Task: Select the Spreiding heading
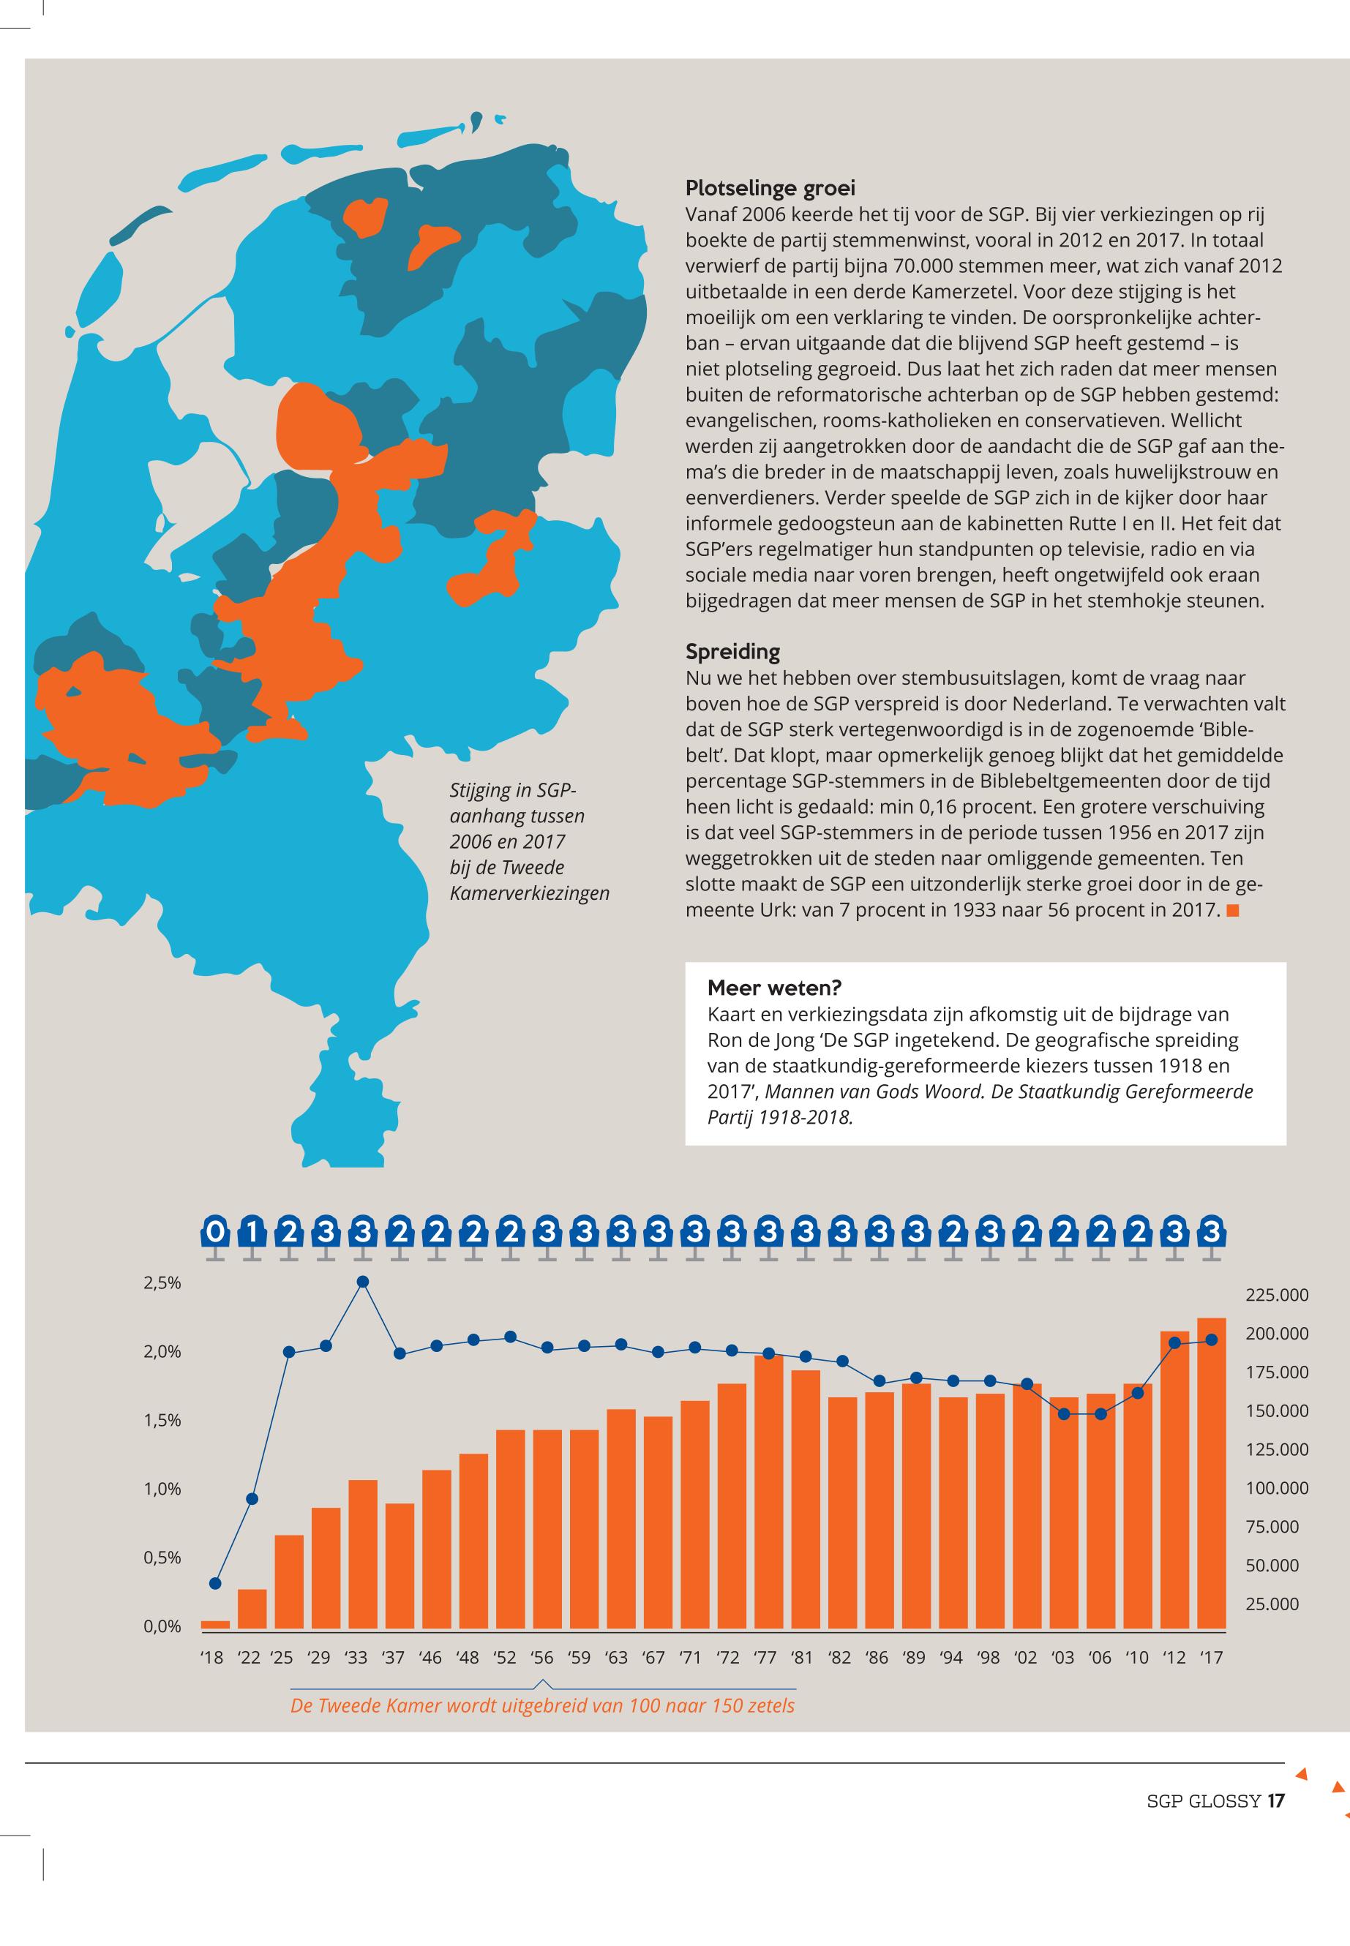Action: [x=732, y=652]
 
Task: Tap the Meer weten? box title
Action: [x=774, y=988]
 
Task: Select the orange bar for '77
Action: [x=768, y=1492]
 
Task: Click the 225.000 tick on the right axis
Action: [x=1276, y=1296]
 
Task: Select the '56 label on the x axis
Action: [x=542, y=1658]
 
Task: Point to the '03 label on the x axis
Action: [x=1062, y=1658]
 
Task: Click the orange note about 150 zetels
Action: [x=542, y=1706]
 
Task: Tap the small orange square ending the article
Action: [x=1232, y=911]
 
